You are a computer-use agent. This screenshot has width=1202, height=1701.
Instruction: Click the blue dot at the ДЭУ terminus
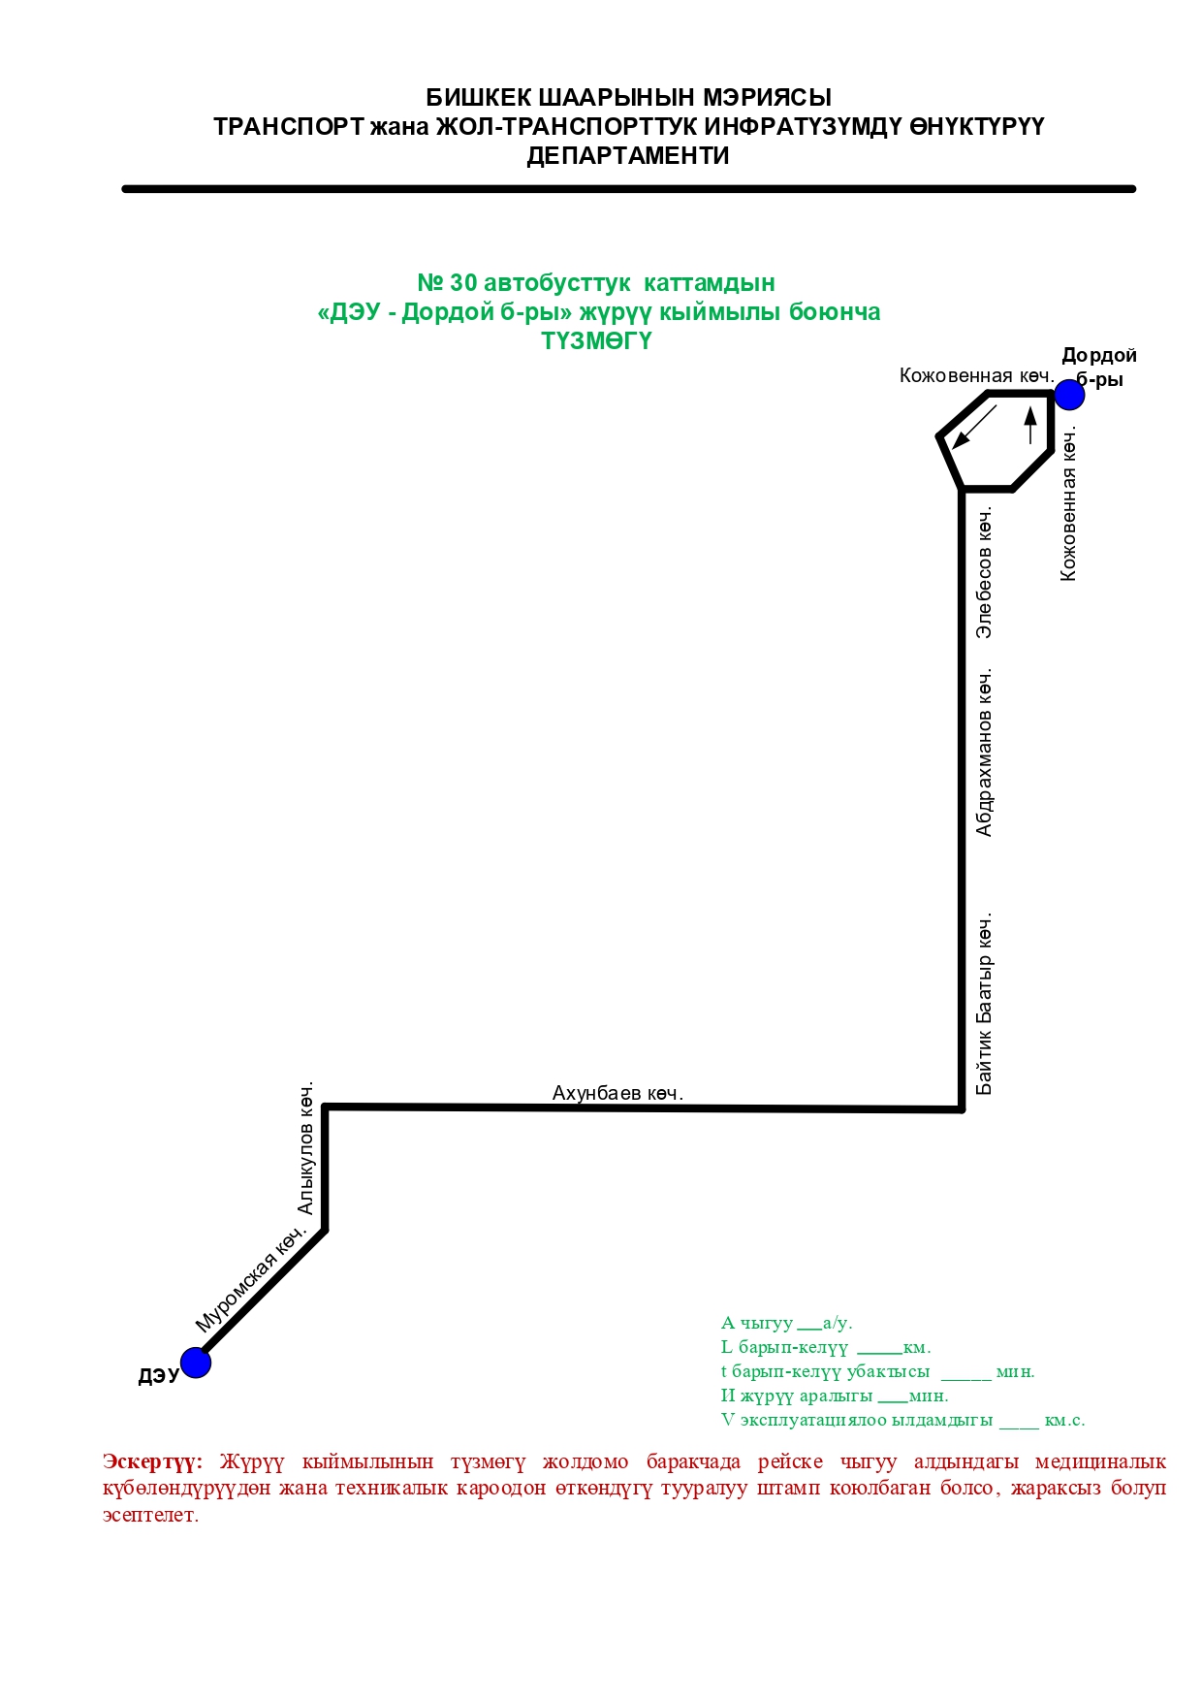(196, 1363)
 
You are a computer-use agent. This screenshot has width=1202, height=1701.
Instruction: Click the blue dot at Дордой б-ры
(1068, 395)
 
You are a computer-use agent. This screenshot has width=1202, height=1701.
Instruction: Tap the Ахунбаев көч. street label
(617, 1093)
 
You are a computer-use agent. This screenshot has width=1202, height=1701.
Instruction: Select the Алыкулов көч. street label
(306, 1149)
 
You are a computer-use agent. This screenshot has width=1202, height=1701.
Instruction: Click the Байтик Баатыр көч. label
(985, 1004)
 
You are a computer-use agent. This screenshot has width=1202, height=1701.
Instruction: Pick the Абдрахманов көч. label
(985, 752)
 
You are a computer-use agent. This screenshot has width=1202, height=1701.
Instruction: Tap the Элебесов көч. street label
(985, 572)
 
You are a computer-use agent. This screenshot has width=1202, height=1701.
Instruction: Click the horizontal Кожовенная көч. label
(975, 376)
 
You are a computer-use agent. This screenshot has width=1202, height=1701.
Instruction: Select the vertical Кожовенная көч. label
(1068, 504)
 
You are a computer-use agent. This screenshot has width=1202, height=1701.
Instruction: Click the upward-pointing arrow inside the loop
(1030, 425)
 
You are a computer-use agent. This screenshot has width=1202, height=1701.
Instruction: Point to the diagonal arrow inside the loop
(974, 427)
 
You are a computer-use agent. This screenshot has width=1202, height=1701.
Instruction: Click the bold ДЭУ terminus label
(158, 1376)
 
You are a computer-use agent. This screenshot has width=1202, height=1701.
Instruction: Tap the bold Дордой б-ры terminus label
(1099, 368)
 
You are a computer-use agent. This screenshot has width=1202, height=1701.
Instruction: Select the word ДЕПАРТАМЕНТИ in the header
(628, 156)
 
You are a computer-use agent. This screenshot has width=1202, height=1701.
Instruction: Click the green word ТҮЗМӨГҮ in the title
(597, 341)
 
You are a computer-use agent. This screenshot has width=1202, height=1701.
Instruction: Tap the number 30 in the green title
(463, 283)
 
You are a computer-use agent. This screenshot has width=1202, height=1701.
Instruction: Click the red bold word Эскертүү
(152, 1461)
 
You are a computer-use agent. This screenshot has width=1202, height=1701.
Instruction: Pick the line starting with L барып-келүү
(825, 1347)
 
